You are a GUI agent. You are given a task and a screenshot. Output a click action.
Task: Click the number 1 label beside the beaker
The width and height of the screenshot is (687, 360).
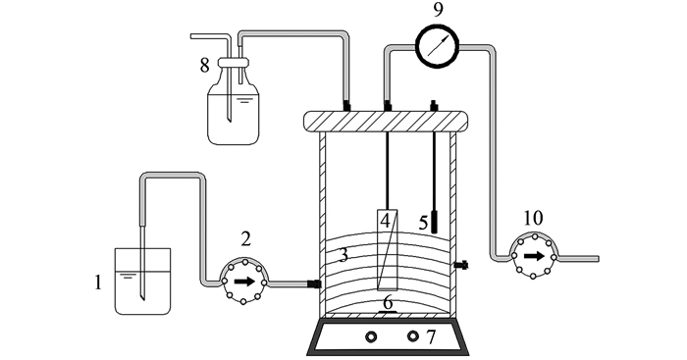click(x=98, y=283)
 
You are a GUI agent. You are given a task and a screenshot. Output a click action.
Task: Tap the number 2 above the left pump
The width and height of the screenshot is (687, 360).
click(x=245, y=239)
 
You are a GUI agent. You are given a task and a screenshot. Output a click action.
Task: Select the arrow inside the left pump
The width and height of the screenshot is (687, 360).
click(x=244, y=282)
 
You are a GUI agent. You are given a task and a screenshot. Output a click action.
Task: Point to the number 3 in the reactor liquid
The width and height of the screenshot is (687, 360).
click(x=343, y=254)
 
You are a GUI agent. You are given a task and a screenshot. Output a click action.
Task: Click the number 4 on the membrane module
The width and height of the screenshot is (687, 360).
click(x=385, y=221)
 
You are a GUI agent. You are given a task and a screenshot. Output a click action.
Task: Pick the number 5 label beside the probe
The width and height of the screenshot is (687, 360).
click(x=423, y=223)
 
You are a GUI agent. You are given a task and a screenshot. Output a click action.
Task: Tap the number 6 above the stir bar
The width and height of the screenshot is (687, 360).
click(x=388, y=303)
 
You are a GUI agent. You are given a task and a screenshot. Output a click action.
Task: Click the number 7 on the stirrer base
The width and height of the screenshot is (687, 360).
click(x=431, y=337)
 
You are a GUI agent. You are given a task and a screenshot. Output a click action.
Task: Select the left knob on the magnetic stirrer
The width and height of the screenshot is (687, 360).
click(x=371, y=336)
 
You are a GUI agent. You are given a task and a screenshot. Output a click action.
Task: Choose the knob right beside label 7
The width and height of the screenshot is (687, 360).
click(x=412, y=336)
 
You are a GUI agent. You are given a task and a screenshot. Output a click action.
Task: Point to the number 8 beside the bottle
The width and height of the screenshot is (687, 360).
click(x=204, y=66)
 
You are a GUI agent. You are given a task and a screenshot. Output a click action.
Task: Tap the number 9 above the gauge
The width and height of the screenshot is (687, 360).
click(x=438, y=10)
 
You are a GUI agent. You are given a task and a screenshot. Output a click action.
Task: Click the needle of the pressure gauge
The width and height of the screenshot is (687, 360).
click(x=438, y=46)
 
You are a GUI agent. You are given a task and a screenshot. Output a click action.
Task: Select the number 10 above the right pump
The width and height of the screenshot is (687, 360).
click(x=533, y=218)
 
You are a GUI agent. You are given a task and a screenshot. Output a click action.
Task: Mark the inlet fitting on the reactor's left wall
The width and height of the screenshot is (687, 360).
click(x=314, y=283)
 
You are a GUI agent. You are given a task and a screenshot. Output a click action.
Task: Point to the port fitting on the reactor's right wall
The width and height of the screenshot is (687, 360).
click(x=461, y=265)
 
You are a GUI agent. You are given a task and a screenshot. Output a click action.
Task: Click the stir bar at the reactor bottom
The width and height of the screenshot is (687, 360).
click(x=388, y=312)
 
